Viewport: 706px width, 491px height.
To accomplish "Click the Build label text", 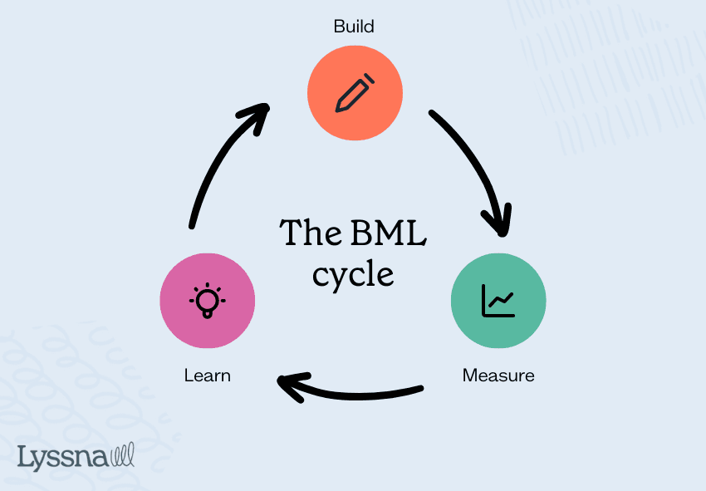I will (354, 27).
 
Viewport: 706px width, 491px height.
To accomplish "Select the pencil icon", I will (355, 92).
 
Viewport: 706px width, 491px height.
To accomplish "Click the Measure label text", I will (498, 376).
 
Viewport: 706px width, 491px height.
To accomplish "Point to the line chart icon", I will (498, 301).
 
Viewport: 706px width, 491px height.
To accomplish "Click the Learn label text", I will (207, 376).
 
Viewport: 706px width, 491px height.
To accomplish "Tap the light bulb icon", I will (207, 301).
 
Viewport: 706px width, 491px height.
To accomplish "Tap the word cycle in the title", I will (353, 273).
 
